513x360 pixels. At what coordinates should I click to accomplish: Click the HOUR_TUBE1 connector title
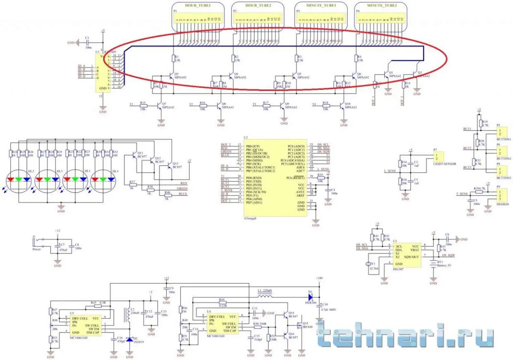click(x=198, y=5)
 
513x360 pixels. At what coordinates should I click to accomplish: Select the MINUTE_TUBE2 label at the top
click(x=381, y=5)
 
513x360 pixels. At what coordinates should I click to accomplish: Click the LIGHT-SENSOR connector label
click(x=445, y=164)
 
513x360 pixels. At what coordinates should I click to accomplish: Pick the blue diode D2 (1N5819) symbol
click(x=129, y=339)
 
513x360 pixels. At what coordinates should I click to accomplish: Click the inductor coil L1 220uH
click(x=264, y=297)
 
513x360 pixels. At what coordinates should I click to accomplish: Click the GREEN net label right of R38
click(x=182, y=188)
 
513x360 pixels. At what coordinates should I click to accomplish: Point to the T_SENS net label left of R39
click(x=462, y=193)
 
